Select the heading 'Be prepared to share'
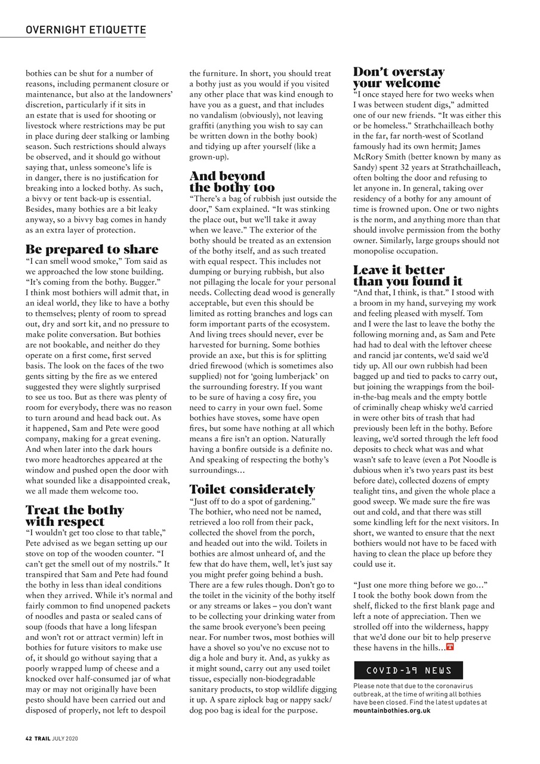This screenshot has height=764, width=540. (92, 249)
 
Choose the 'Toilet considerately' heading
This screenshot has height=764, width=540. (252, 489)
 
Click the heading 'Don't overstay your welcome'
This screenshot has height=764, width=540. (399, 78)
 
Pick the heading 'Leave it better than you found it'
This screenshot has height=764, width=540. (408, 275)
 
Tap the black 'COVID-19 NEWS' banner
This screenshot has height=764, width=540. (408, 670)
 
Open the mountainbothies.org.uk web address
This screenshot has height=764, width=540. (391, 711)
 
